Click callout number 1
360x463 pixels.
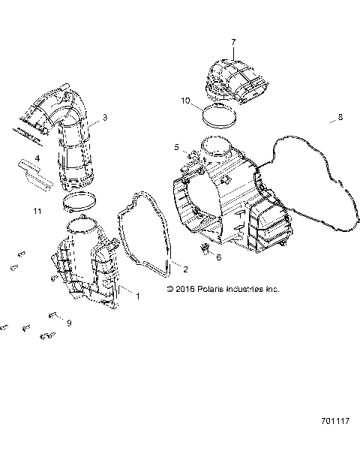[x=137, y=296]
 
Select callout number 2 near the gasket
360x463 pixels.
[x=185, y=269]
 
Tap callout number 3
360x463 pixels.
[x=105, y=117]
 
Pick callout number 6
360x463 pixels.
[x=219, y=257]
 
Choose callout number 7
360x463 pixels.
[x=233, y=42]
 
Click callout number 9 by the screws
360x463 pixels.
[x=68, y=323]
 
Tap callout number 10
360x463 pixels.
[x=185, y=100]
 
